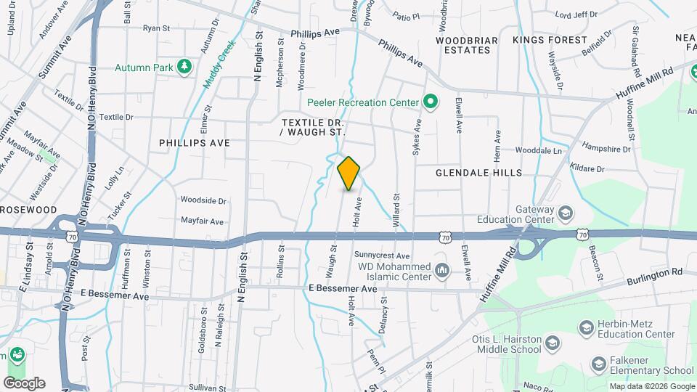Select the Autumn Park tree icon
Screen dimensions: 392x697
coord(185,68)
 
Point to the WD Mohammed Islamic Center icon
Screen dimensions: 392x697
coord(441,271)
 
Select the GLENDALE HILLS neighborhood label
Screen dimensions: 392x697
coord(478,173)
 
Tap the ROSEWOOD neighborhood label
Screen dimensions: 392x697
coord(28,209)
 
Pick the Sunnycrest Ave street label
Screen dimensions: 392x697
coord(382,256)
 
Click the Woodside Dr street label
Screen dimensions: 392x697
coord(203,200)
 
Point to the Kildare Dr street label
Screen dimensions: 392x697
coord(587,168)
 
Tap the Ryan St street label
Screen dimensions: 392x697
coord(155,28)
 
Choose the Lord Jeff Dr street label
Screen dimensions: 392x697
coord(576,14)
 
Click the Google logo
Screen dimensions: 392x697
coord(24,383)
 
